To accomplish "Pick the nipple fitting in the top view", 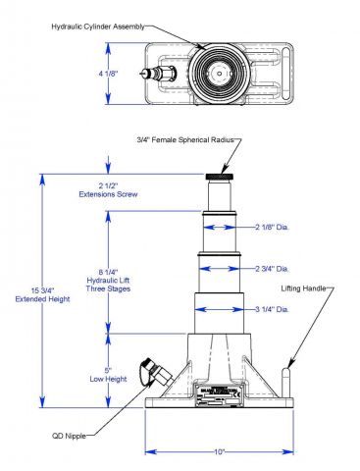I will (158, 74).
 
